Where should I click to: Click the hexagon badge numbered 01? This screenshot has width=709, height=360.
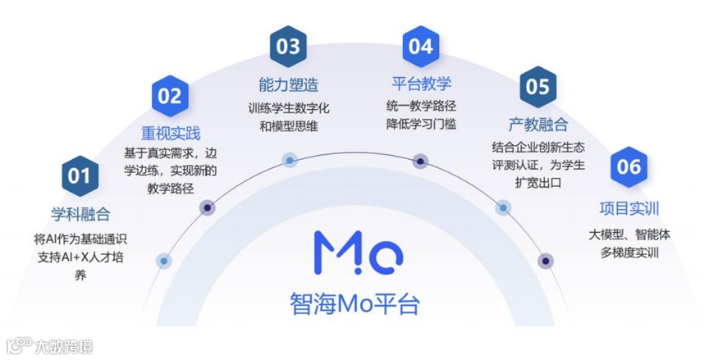click(x=79, y=175)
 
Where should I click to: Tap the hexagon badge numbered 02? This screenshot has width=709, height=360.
click(x=169, y=96)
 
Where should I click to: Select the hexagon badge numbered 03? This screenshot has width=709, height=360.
click(x=288, y=47)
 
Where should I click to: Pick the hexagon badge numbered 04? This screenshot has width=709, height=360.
click(x=420, y=47)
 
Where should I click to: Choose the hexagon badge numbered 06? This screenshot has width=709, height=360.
click(x=629, y=167)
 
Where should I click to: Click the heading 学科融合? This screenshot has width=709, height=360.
click(x=80, y=216)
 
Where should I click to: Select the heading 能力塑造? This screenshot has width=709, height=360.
click(x=288, y=84)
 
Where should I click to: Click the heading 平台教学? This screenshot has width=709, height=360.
click(x=421, y=84)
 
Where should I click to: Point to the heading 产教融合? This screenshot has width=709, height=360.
click(x=537, y=125)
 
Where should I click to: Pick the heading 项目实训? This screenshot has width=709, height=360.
click(x=629, y=208)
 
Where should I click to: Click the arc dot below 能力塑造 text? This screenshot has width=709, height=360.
click(x=289, y=160)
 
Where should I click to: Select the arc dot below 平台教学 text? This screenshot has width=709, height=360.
click(x=420, y=160)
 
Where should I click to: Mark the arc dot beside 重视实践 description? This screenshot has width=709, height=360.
click(x=208, y=208)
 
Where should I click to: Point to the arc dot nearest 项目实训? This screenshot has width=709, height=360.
click(x=546, y=261)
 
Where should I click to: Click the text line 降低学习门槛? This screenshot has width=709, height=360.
click(x=421, y=124)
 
